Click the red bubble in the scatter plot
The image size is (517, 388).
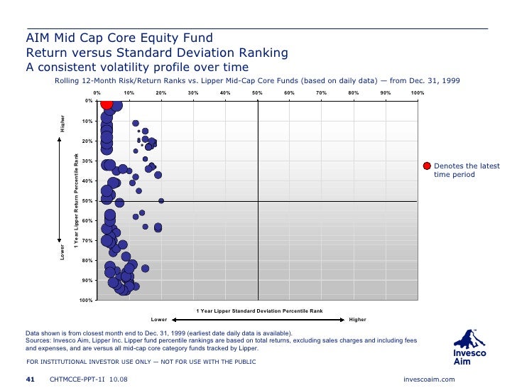(x=106, y=103)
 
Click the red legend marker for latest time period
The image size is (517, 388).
(x=427, y=166)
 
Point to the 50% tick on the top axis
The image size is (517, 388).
(x=257, y=93)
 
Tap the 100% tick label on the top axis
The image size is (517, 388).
(x=418, y=93)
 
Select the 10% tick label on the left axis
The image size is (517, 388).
(x=87, y=121)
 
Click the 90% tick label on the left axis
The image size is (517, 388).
(x=87, y=281)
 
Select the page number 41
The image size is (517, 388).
(x=31, y=379)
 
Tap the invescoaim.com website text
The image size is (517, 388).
(x=428, y=379)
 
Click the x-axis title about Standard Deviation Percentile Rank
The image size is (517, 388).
(x=259, y=311)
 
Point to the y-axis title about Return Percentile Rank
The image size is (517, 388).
(x=76, y=200)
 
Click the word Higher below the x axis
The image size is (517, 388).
(x=357, y=319)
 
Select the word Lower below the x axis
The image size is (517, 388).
(x=159, y=319)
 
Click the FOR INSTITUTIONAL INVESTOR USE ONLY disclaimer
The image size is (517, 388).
(x=141, y=362)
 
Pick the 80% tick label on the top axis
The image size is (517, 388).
(x=354, y=93)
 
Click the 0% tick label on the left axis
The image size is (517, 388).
(x=88, y=101)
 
